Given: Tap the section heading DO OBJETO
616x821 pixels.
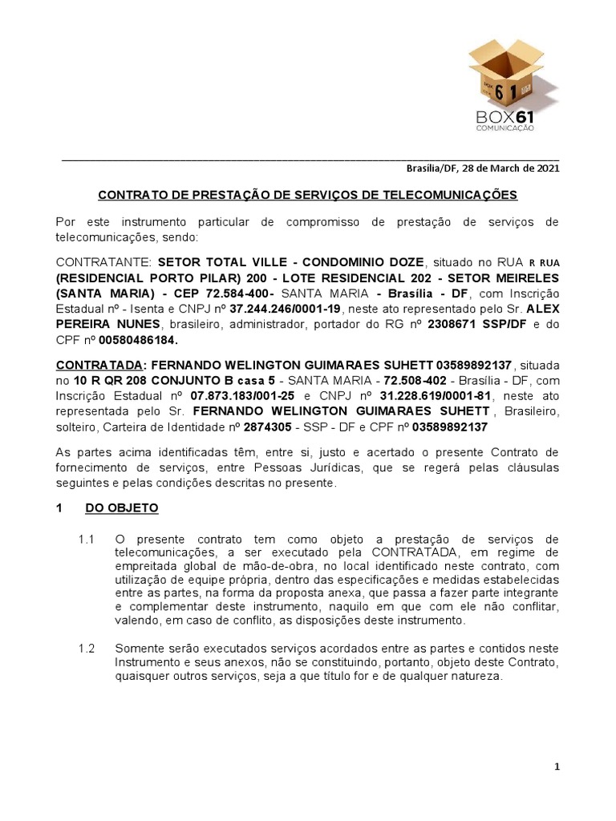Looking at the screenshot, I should [x=122, y=508].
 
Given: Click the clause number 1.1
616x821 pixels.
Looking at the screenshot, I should [x=87, y=537].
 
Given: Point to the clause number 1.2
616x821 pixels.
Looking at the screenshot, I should [x=87, y=647].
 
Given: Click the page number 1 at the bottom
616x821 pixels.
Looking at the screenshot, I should [x=556, y=767].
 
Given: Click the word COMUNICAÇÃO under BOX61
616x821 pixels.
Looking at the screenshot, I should [x=505, y=128].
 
